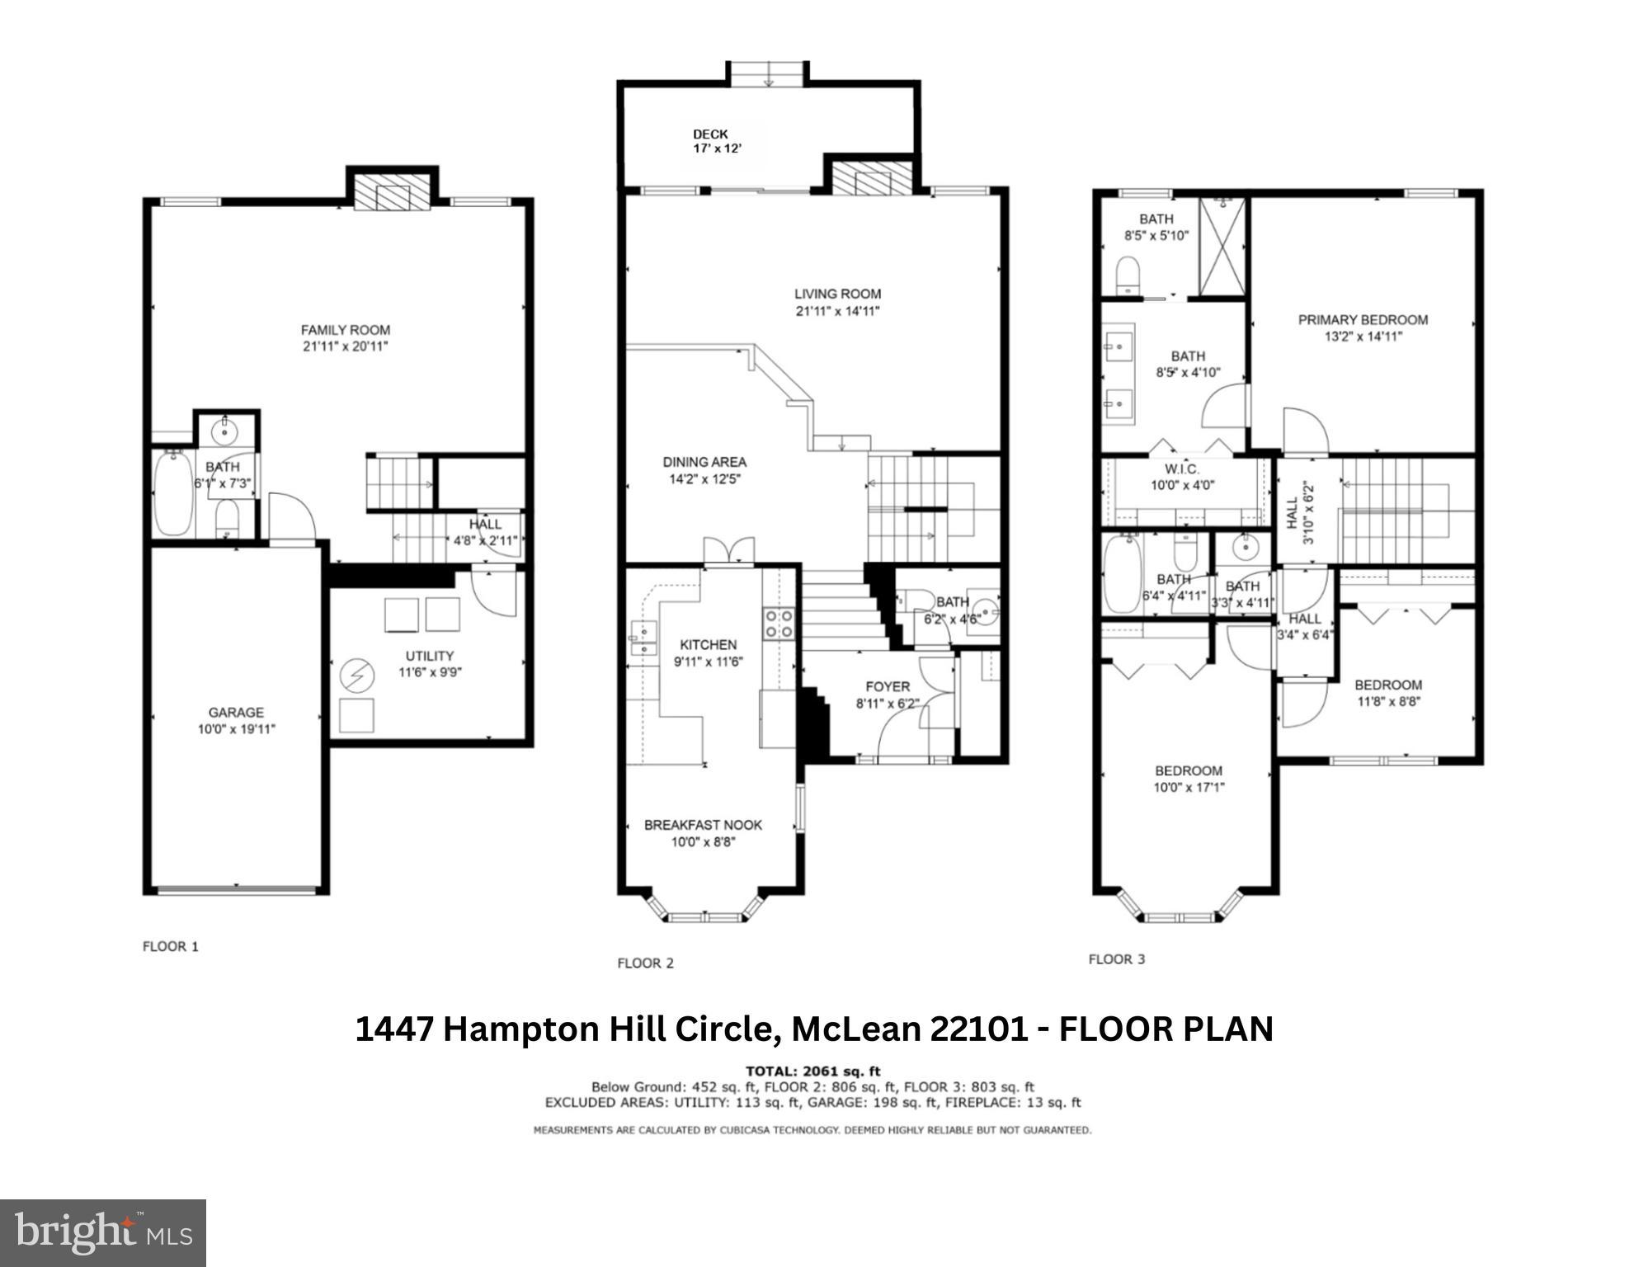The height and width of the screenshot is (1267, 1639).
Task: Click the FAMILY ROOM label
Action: coord(345,330)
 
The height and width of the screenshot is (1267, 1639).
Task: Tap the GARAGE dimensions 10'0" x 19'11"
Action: coord(236,729)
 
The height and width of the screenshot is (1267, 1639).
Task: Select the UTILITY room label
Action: coord(429,656)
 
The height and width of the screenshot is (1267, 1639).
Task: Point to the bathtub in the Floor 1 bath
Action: coord(172,493)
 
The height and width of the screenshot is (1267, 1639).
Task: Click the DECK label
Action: coord(710,134)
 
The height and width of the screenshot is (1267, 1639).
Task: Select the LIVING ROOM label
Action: coord(837,294)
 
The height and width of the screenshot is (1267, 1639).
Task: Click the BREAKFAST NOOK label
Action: coord(703,825)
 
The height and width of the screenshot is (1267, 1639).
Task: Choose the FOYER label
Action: coord(888,686)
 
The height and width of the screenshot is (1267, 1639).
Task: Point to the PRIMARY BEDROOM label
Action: coord(1363,319)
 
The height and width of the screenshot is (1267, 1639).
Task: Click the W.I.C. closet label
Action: coord(1182,469)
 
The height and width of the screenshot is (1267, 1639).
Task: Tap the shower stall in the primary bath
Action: coord(1222,246)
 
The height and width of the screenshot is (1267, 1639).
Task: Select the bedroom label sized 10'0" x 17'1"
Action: coord(1188,770)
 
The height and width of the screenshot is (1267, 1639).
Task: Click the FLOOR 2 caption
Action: coord(645,963)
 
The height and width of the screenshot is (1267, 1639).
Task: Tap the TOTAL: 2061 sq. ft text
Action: coord(812,1072)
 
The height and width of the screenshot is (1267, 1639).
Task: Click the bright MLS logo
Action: coord(102,1233)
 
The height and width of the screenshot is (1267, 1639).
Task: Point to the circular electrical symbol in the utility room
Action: coord(357,676)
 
